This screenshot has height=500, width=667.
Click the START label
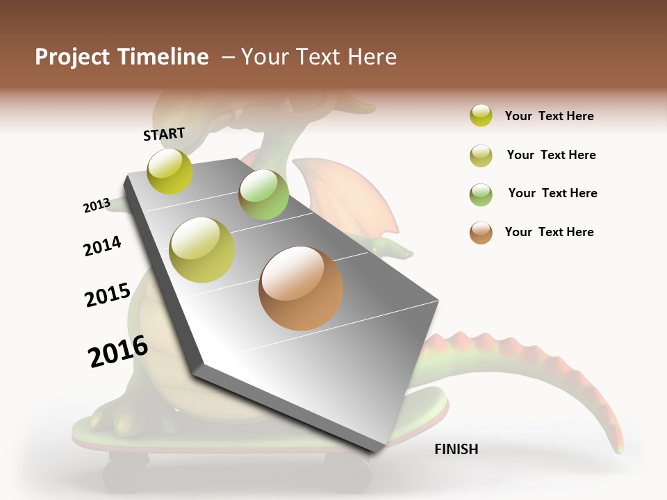pos(164,134)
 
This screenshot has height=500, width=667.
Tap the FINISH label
pos(456,449)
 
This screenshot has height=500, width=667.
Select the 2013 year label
pos(97,205)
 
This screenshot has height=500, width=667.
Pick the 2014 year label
pos(102,246)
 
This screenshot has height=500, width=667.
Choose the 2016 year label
pos(118,351)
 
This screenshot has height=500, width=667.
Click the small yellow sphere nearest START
pos(170,172)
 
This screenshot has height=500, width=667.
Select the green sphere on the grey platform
pos(263,194)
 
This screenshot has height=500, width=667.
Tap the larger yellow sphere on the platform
pos(202,250)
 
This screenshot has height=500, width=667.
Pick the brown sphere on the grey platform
pos(301,288)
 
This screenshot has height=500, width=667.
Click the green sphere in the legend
pos(481,194)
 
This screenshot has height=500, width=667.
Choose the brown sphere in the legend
pos(481,233)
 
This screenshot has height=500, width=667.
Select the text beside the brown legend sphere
pos(549,232)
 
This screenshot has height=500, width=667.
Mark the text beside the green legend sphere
pos(552,193)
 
